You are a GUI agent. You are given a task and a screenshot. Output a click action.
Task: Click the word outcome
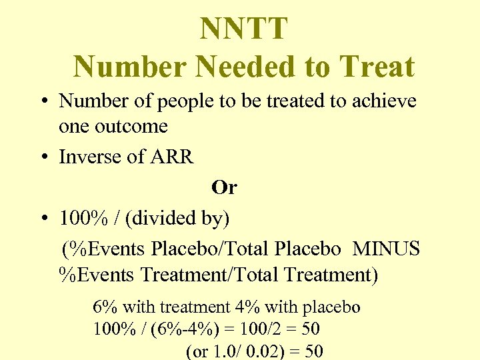tap(131, 126)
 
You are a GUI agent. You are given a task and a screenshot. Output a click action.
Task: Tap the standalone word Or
tap(224, 188)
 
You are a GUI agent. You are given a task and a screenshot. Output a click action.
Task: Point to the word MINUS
tap(386, 249)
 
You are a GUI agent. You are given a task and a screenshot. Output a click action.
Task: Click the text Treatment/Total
tap(222, 274)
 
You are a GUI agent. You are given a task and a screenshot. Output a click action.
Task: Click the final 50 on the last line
tap(313, 351)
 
